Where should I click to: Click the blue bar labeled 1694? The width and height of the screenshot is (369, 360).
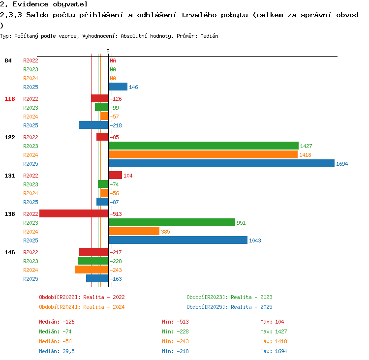221,163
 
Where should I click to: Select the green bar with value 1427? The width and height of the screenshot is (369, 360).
204,146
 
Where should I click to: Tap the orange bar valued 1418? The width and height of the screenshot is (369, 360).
203,154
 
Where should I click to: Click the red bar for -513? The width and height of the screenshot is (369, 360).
74,213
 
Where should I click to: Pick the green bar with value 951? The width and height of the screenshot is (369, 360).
172,222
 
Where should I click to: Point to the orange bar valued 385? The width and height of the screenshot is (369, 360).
134,231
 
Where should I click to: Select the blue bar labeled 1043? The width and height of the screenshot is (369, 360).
178,240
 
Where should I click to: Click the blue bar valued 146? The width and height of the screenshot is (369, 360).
118,87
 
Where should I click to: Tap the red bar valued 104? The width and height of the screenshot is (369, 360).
115,175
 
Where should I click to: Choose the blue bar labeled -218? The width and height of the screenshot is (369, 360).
93,125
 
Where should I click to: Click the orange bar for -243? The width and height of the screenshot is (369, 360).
92,270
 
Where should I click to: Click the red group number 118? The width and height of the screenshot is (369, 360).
10,99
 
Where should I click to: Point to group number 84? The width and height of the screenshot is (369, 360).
8,60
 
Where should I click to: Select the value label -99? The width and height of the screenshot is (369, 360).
114,108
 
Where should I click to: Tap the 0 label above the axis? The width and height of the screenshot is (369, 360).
108,51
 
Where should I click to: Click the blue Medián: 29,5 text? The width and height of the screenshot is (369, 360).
57,351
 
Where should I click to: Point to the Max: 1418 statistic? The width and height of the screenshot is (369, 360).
274,341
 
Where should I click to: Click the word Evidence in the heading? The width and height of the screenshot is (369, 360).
31,4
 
